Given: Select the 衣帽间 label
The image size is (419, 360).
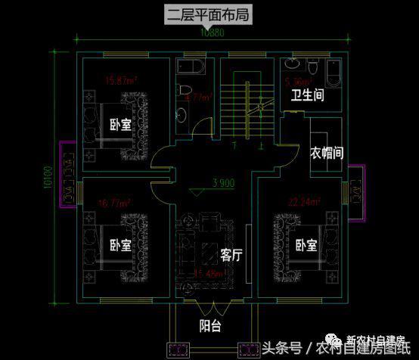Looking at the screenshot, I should coord(327,152).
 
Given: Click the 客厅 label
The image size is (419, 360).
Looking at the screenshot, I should coord(231,255).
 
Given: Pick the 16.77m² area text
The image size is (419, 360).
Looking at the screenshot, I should coord(114,203).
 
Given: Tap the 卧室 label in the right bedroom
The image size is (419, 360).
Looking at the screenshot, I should coord(305,246).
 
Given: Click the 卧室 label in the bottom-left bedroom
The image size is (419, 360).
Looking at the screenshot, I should coord(120,246).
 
